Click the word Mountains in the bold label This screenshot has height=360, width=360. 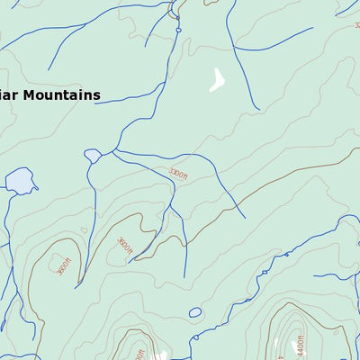[63, 95]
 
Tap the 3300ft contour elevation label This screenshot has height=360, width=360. [179, 172]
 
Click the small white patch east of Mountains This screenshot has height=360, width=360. [217, 81]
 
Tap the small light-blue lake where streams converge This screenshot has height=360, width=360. [93, 156]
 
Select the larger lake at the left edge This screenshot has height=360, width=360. [18, 182]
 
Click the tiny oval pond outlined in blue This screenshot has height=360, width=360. [195, 312]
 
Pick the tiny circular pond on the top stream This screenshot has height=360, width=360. [178, 30]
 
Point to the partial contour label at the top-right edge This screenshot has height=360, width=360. [356, 25]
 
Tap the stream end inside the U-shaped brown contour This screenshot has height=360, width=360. [76, 286]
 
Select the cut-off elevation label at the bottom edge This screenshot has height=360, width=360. [139, 355]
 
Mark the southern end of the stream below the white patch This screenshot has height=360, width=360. [258, 109]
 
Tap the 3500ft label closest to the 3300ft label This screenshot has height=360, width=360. [125, 245]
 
